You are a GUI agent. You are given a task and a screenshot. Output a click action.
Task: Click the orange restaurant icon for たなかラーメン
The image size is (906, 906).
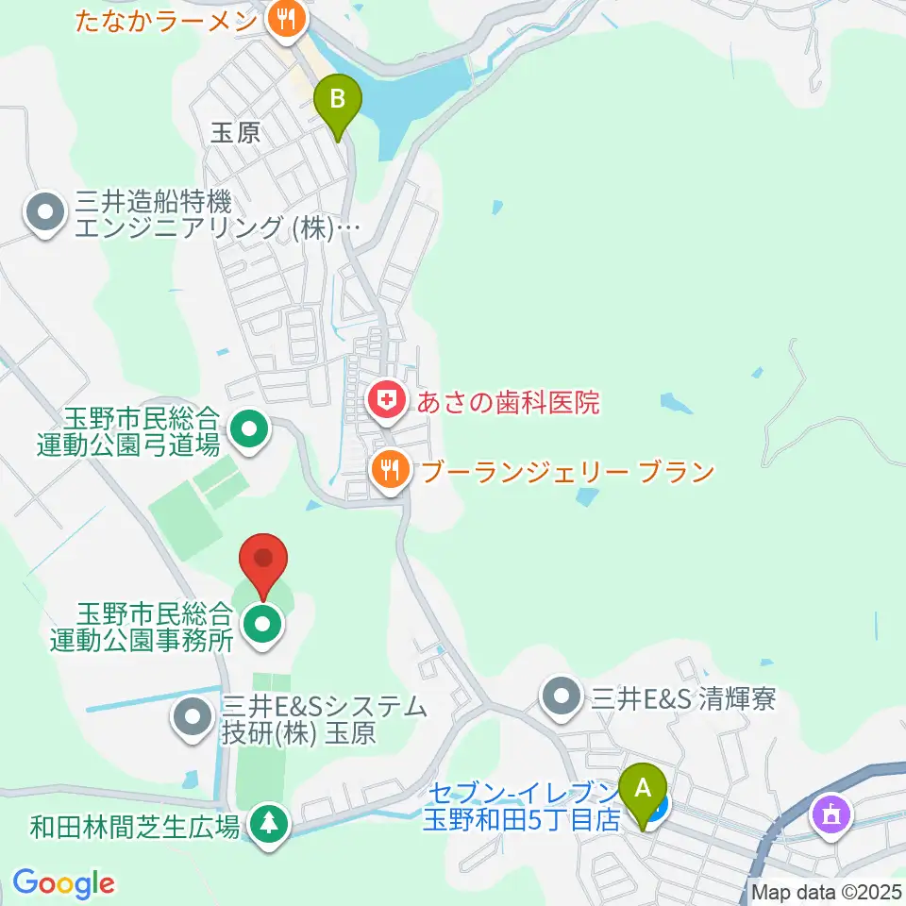click(x=282, y=16)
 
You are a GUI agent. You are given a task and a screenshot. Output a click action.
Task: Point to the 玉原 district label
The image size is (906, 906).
click(x=235, y=133)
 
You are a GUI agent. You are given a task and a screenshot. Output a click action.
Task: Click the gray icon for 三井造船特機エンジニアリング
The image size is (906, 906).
click(x=45, y=214)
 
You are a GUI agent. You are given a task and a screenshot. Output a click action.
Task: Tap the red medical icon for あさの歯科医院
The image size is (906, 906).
click(x=384, y=403)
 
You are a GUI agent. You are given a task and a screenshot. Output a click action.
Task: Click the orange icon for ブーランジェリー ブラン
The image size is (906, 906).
click(x=389, y=470)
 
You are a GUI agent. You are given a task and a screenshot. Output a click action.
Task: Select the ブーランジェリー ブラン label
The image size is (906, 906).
click(x=567, y=471)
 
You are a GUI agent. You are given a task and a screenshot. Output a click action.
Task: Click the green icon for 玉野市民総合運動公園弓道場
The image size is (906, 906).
click(x=249, y=429)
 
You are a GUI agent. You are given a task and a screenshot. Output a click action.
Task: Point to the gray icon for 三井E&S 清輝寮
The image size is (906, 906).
click(x=563, y=698)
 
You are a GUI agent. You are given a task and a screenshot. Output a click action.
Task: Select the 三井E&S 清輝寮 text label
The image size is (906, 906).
click(x=683, y=699)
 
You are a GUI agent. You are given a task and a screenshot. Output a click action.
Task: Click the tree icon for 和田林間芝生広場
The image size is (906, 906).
click(x=269, y=824)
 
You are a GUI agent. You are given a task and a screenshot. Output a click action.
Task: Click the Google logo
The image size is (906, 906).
click(x=63, y=883)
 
